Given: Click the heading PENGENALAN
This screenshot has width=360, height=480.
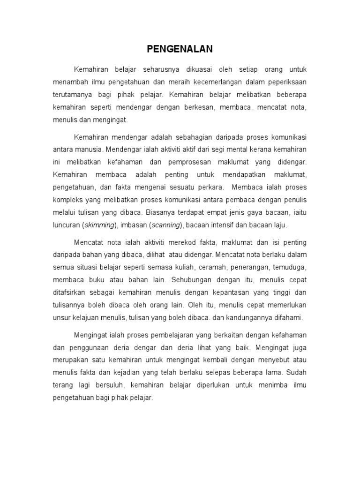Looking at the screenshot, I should [x=180, y=49].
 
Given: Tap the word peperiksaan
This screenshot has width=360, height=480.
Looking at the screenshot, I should [x=285, y=82].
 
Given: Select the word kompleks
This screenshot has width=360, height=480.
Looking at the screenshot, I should [x=66, y=200].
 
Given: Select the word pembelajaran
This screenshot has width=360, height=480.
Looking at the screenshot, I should [x=168, y=335].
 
